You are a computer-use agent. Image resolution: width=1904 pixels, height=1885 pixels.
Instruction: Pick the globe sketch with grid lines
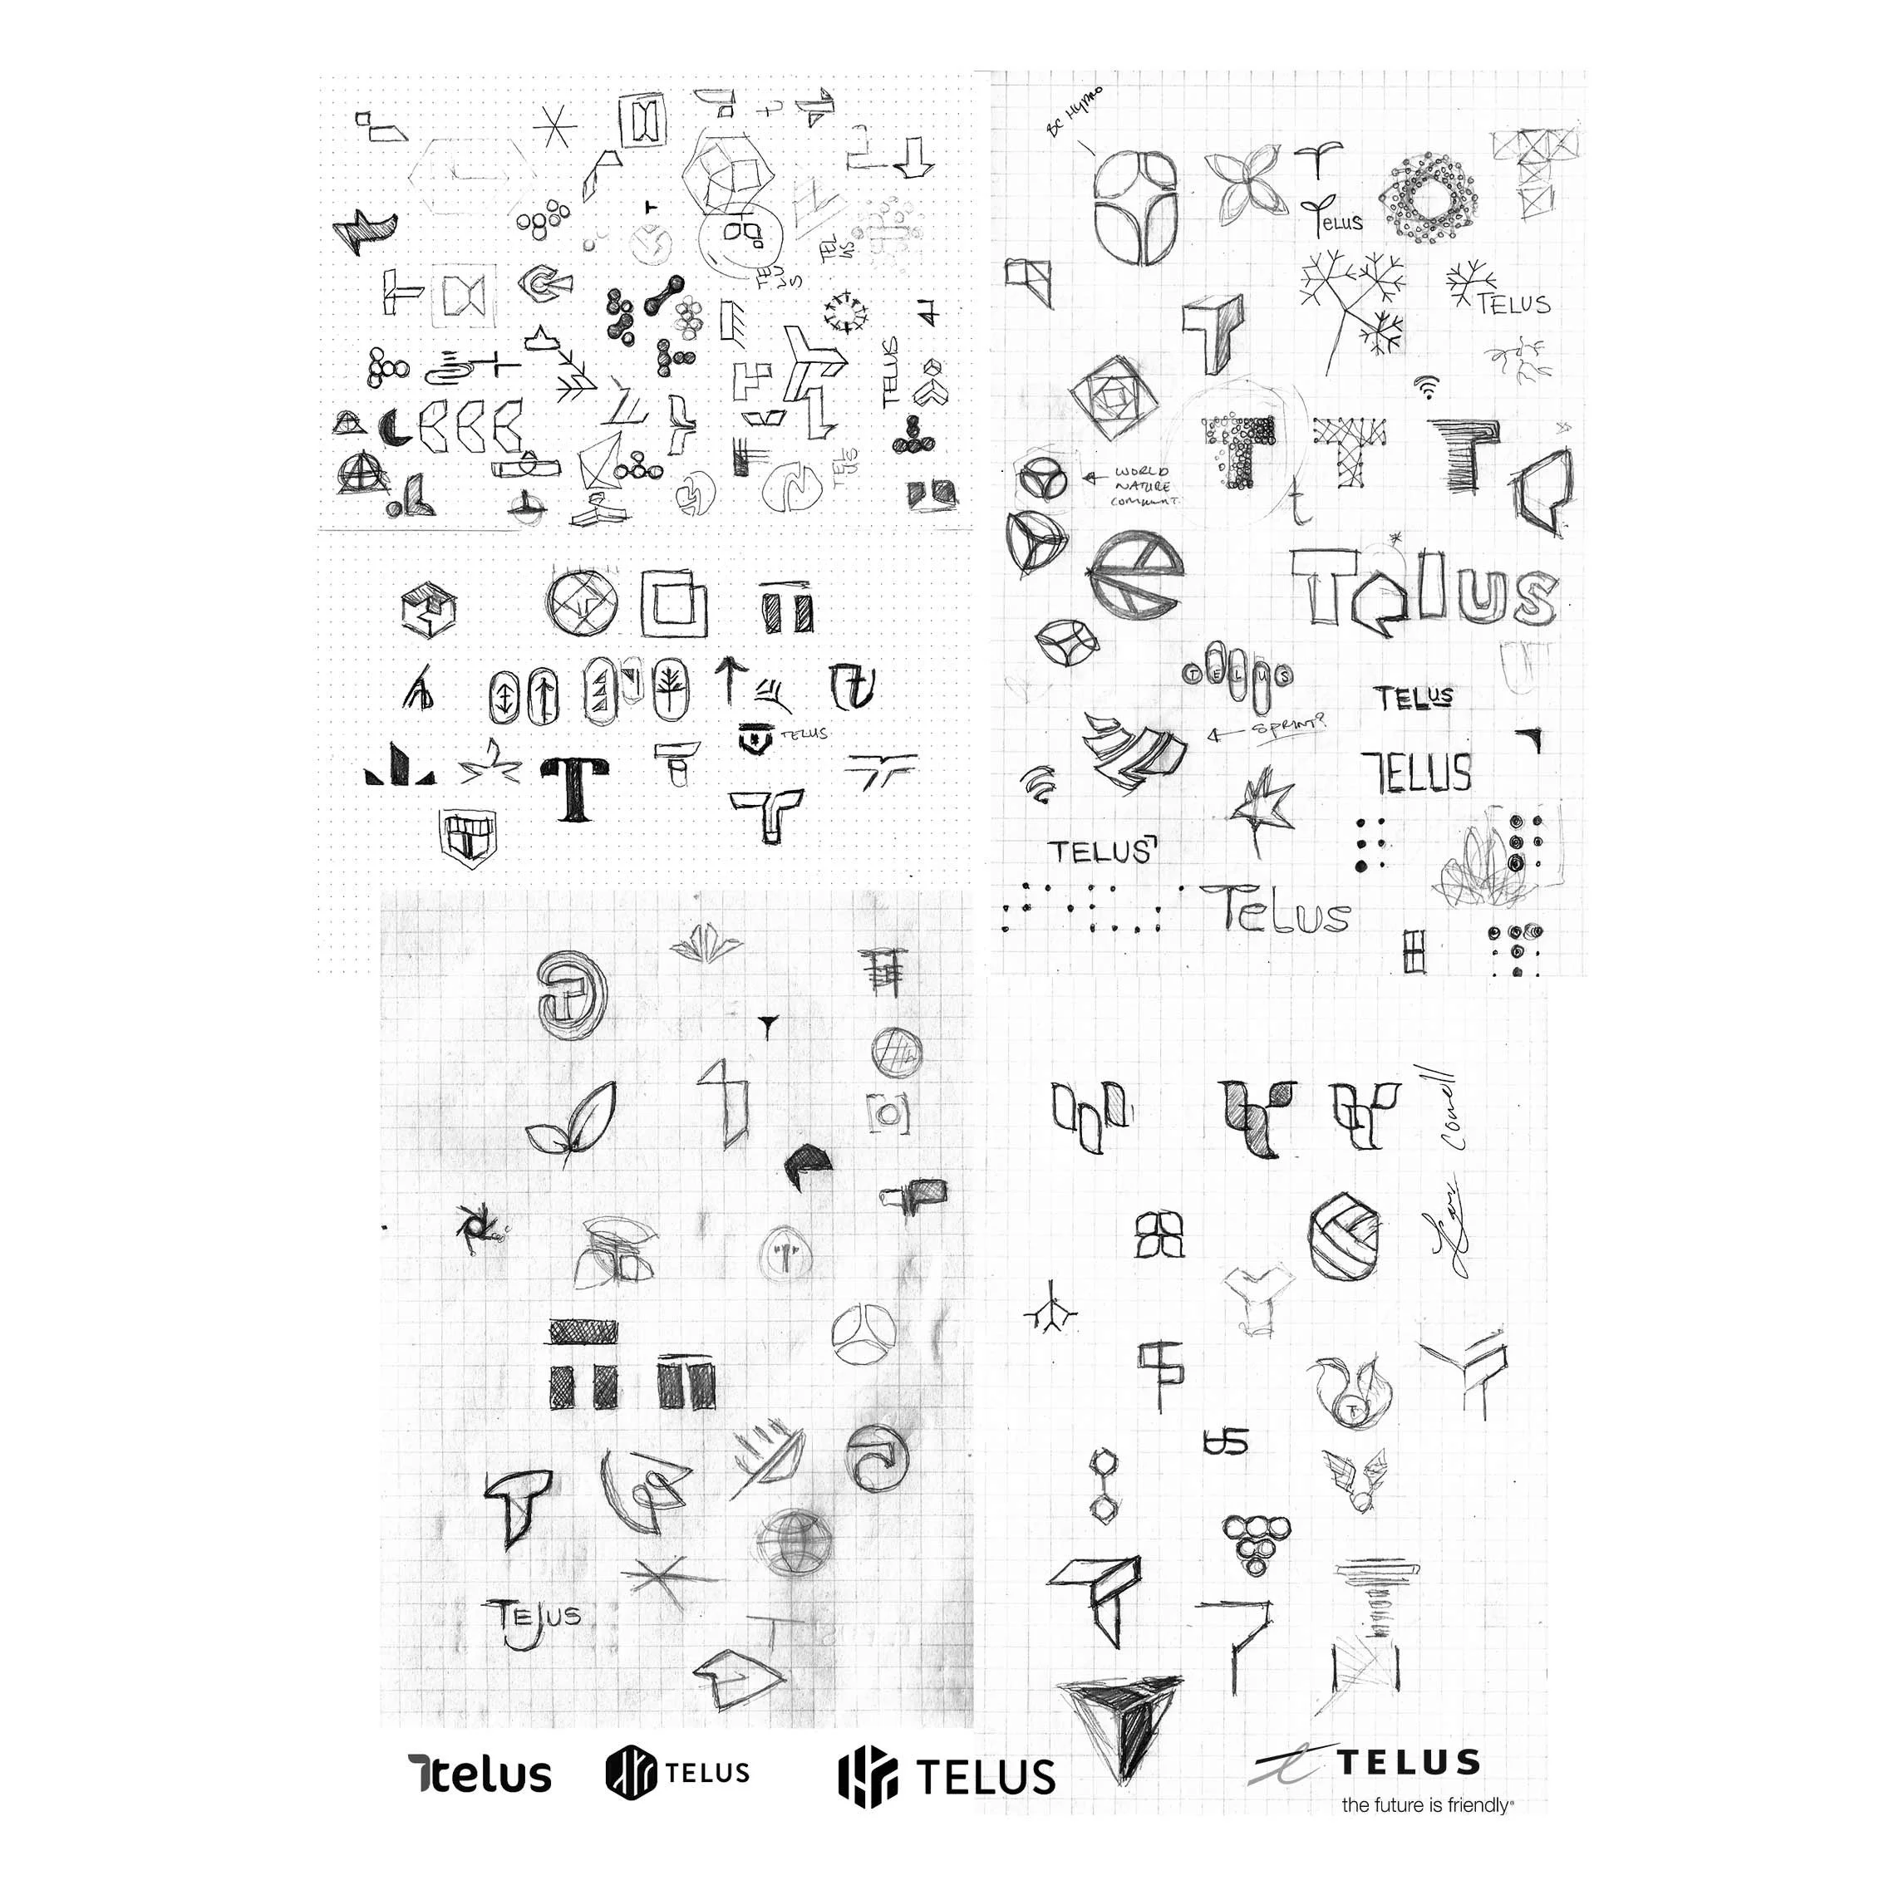pyautogui.click(x=794, y=1540)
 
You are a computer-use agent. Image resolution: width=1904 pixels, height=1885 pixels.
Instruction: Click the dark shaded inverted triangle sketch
pyautogui.click(x=1120, y=1736)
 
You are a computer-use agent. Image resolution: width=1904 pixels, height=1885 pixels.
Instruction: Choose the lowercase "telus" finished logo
pyautogui.click(x=480, y=1775)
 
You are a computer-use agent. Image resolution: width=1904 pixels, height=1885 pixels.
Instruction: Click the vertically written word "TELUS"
pyautogui.click(x=891, y=371)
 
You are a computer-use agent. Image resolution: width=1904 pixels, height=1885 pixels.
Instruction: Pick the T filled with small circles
pyautogui.click(x=1237, y=451)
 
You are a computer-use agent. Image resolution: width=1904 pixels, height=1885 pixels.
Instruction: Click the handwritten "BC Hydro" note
pyautogui.click(x=1076, y=112)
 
